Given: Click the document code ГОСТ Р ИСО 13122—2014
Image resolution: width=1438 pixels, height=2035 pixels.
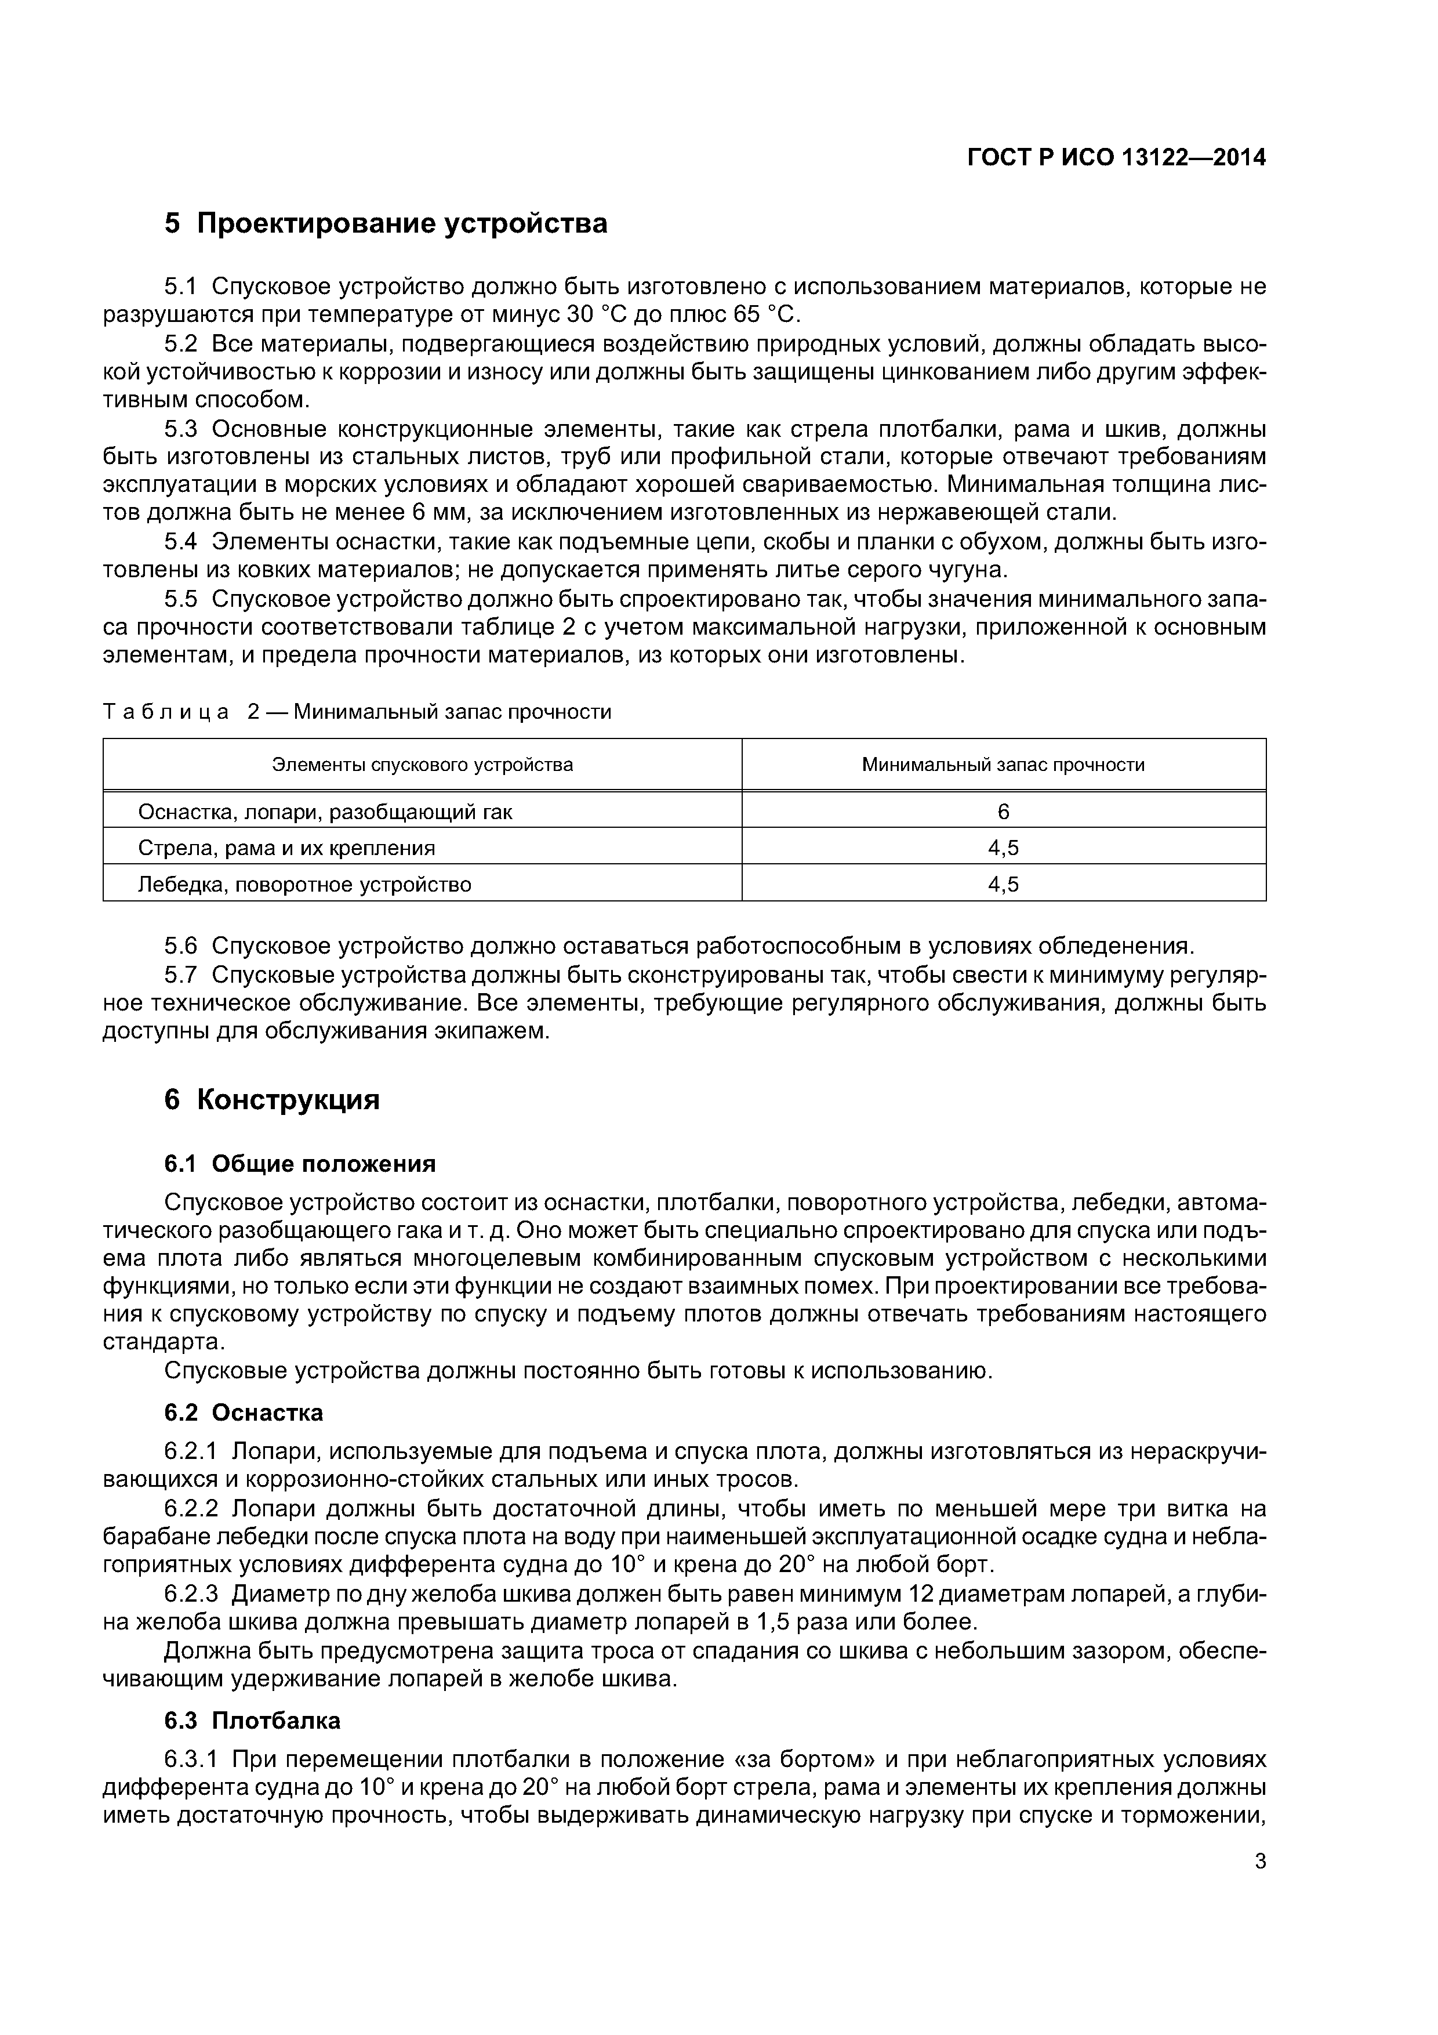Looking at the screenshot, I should coord(1116,158).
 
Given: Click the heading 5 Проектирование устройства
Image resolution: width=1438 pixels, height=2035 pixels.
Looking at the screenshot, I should coord(386,223).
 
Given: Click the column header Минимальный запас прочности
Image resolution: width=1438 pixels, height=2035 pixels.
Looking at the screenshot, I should coord(1003,764).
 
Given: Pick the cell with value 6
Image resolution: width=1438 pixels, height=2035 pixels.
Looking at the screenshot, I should coord(1003,812).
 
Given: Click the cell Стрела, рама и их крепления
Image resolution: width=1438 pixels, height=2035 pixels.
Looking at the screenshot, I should coord(286,848).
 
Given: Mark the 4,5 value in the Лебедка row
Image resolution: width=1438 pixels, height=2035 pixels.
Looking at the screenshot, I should coord(1003,885).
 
